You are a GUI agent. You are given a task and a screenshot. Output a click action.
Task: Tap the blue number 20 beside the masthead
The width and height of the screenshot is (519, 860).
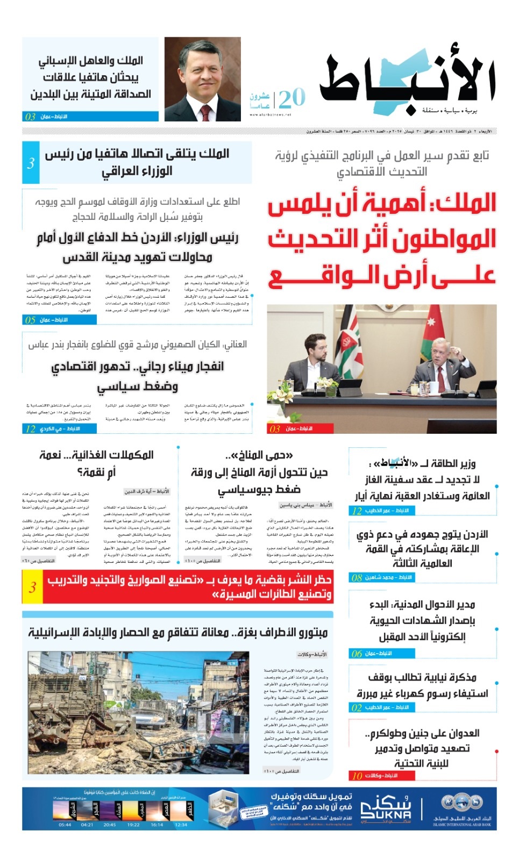pos(292,98)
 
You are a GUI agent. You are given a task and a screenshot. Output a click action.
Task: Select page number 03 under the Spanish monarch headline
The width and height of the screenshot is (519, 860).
pos(30,117)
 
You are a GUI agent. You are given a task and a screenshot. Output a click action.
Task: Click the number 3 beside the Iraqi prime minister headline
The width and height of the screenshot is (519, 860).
pos(31,163)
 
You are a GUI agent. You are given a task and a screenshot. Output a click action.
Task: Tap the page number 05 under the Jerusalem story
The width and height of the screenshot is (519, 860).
pos(30,320)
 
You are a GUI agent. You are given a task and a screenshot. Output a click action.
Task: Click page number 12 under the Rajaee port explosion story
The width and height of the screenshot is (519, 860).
pos(30,428)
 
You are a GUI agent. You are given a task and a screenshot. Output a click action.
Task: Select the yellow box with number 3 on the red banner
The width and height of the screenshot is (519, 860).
pos(32,587)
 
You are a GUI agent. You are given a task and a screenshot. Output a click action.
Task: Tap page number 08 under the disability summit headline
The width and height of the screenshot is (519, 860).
pos(357,578)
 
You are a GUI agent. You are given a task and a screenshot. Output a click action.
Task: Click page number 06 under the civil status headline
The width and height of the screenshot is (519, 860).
pos(357,654)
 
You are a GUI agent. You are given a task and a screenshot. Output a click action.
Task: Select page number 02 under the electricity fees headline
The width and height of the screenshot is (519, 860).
pos(357,707)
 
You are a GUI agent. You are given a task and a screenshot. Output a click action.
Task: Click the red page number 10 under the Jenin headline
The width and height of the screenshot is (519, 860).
pos(357,776)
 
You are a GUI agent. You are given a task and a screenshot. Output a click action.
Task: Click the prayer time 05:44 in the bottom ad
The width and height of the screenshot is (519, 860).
pos(65,825)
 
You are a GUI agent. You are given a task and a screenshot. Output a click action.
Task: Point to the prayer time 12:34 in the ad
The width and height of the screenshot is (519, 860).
pos(181,825)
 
